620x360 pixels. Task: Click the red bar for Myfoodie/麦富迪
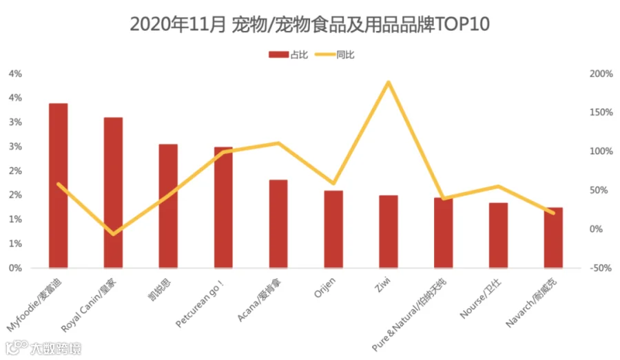pyautogui.click(x=58, y=185)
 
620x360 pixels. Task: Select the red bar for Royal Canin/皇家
pyautogui.click(x=113, y=193)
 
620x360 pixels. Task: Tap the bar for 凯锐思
pyautogui.click(x=168, y=206)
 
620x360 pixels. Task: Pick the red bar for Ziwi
pyautogui.click(x=389, y=231)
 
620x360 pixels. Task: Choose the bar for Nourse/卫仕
pyautogui.click(x=498, y=235)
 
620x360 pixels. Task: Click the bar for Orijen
pyautogui.click(x=333, y=229)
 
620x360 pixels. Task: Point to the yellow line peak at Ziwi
pyautogui.click(x=389, y=82)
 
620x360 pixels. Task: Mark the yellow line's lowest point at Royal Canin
pyautogui.click(x=114, y=234)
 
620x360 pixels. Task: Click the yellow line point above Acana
pyautogui.click(x=278, y=143)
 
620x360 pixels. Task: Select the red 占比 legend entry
pyautogui.click(x=288, y=54)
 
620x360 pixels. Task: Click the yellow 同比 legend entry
pyautogui.click(x=335, y=54)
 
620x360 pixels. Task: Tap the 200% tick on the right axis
pyautogui.click(x=601, y=74)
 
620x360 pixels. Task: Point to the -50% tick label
pyautogui.click(x=601, y=268)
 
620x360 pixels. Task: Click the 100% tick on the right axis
pyautogui.click(x=601, y=151)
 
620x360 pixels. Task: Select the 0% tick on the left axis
pyautogui.click(x=15, y=268)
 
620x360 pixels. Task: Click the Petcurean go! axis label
pyautogui.click(x=200, y=304)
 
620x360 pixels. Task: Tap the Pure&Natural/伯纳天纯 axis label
pyautogui.click(x=409, y=315)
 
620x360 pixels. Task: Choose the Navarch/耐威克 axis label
pyautogui.click(x=531, y=303)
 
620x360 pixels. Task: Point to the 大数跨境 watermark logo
pyautogui.click(x=43, y=348)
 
